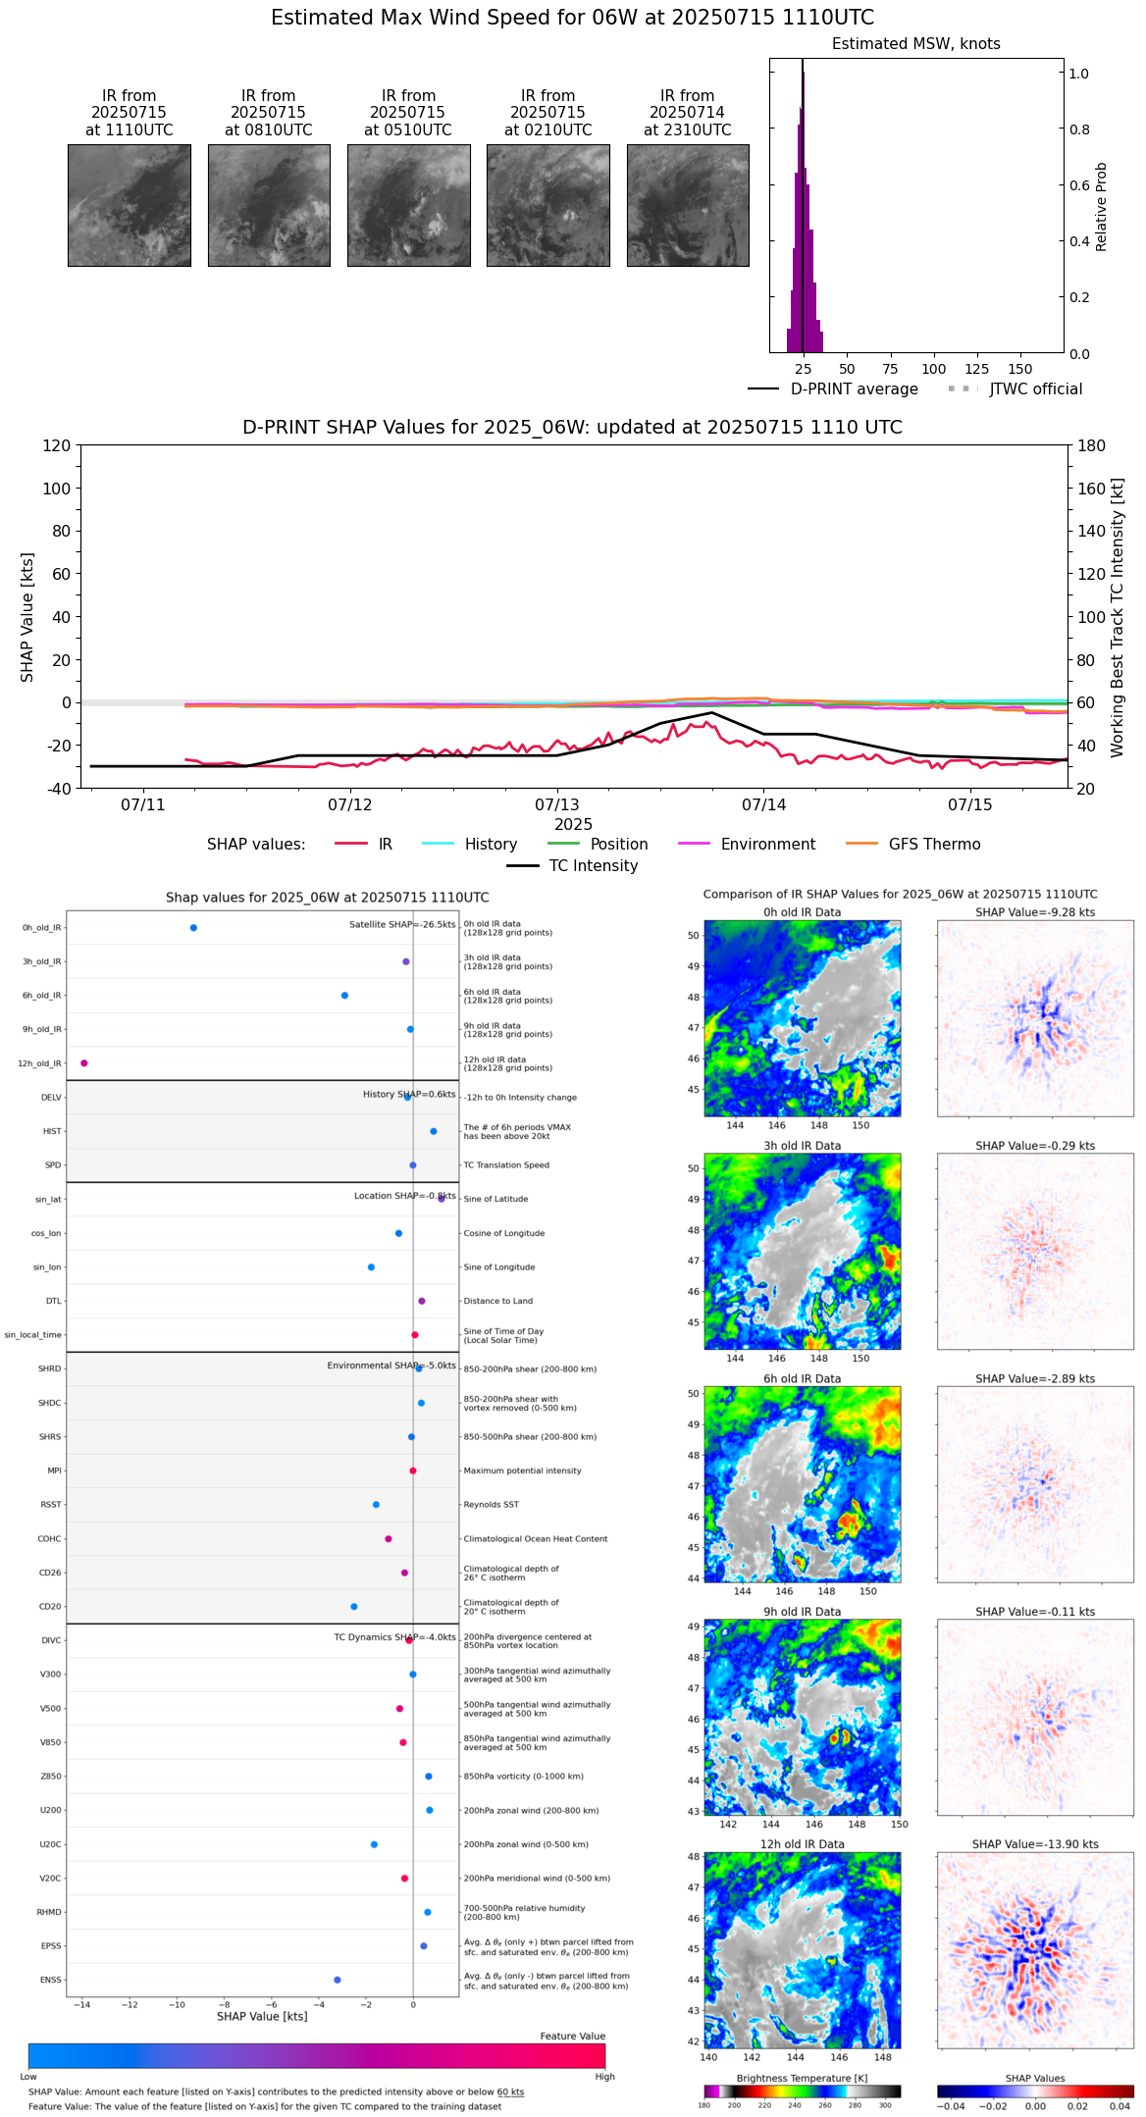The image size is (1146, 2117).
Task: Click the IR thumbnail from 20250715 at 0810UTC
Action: click(269, 205)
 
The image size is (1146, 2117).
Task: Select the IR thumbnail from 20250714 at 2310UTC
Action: click(688, 205)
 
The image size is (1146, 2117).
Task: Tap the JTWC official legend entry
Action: click(1035, 389)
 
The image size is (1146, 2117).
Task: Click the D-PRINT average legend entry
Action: click(854, 389)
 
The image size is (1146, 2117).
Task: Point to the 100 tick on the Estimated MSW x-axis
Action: click(933, 369)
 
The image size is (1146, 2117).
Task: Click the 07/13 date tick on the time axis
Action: click(557, 805)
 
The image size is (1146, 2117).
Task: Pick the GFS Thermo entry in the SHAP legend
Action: click(934, 845)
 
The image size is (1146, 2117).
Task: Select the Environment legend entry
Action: click(767, 845)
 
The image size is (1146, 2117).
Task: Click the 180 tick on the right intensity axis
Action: click(1092, 446)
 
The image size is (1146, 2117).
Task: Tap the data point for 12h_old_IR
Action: click(84, 1063)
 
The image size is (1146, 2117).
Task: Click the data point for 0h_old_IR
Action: click(193, 928)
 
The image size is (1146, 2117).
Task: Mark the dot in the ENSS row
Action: click(338, 1980)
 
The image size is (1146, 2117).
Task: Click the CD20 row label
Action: click(50, 1607)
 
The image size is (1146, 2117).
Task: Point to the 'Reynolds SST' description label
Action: click(491, 1505)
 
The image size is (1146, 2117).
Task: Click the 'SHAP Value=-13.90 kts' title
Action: click(1035, 1844)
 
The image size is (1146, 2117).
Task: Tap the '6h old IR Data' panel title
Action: click(802, 1378)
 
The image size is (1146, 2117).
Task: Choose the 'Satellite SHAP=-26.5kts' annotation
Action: click(402, 925)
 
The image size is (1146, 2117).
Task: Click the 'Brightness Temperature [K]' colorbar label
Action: click(802, 2078)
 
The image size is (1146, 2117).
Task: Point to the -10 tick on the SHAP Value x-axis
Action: click(177, 2004)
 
